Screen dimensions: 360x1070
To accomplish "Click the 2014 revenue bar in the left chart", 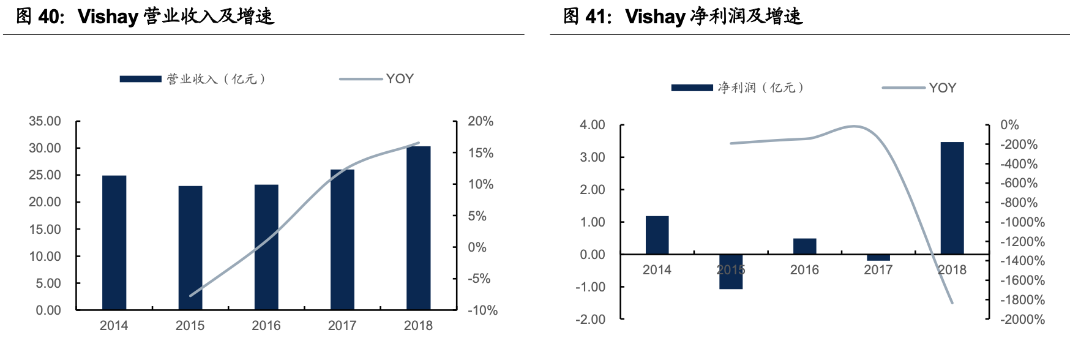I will click(114, 242).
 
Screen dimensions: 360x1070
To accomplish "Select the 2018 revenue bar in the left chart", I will click(418, 228).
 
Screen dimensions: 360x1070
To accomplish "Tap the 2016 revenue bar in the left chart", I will click(266, 247).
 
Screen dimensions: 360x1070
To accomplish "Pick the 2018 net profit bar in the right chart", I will click(952, 198).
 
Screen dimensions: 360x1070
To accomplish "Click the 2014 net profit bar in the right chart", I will click(657, 235).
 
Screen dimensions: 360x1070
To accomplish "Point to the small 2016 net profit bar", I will click(804, 246).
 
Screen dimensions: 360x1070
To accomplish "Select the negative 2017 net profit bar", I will click(878, 257).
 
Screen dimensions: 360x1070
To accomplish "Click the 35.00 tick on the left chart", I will click(45, 121).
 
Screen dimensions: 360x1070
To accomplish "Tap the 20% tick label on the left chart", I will click(481, 121).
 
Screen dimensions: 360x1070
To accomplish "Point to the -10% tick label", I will click(482, 310).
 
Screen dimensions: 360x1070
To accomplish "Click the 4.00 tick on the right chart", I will click(592, 125).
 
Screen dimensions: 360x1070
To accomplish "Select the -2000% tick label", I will click(1022, 319).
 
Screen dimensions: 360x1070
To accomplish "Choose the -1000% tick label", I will click(1022, 222).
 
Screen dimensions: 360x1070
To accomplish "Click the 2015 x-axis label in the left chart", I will click(190, 326).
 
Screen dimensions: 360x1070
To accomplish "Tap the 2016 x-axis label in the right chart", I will click(804, 270).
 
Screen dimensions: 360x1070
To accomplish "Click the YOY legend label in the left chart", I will click(400, 79).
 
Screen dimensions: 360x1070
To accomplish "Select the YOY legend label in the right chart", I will click(942, 88).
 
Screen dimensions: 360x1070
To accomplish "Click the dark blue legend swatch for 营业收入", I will click(140, 79).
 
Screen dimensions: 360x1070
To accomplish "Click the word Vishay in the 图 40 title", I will click(108, 17).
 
